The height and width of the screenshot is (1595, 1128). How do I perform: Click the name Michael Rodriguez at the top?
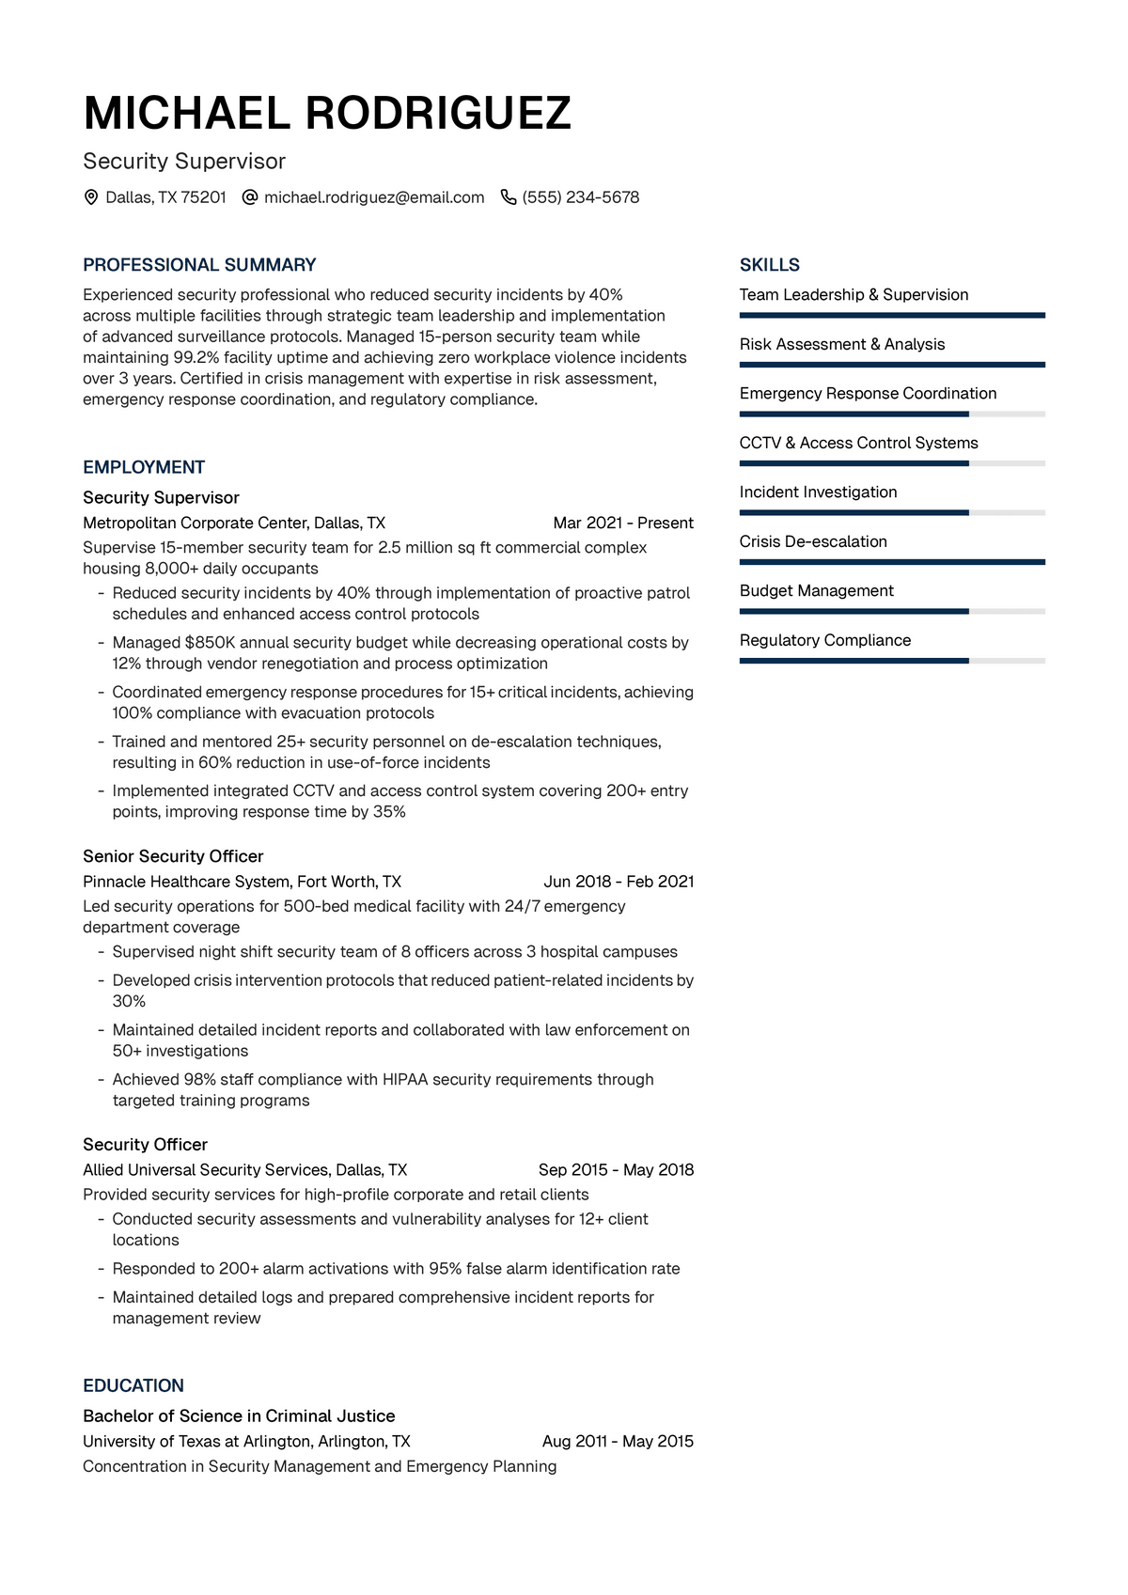point(327,114)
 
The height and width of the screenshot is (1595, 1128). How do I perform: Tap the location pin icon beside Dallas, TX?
point(91,197)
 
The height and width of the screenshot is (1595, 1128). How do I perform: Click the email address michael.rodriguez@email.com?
point(374,197)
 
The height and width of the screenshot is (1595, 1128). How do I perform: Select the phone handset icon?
point(509,197)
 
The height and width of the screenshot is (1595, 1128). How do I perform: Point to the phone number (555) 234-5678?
point(580,197)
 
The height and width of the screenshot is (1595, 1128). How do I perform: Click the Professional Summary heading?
point(199,265)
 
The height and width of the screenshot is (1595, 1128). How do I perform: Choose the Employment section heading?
point(144,467)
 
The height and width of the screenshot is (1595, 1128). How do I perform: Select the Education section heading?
point(133,1385)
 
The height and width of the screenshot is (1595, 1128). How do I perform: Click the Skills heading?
point(769,265)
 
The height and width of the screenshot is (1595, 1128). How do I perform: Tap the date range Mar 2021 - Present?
point(623,523)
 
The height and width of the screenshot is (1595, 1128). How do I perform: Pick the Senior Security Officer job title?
point(173,856)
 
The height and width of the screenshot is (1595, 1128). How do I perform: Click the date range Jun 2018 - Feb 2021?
point(619,882)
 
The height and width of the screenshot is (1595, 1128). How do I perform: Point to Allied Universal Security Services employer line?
point(244,1170)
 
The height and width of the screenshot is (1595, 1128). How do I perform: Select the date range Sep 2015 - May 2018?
point(616,1170)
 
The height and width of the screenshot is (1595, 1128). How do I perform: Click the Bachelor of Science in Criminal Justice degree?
point(239,1416)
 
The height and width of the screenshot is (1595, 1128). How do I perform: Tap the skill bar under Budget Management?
point(891,612)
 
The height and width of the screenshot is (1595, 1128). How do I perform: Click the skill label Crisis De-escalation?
point(813,541)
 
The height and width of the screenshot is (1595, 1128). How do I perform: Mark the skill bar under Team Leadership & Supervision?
point(891,316)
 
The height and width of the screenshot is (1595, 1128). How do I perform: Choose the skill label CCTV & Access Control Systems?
point(858,443)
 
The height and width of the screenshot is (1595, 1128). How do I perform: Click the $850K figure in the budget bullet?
point(211,643)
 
